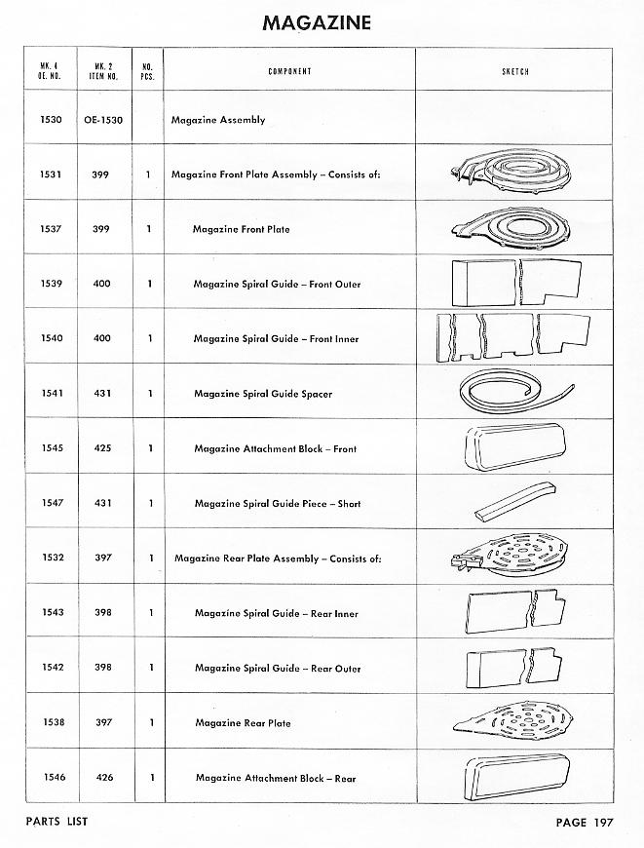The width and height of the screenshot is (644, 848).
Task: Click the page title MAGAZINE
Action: point(317,23)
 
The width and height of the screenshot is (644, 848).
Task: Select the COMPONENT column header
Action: point(289,72)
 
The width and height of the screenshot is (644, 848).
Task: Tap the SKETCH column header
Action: point(514,72)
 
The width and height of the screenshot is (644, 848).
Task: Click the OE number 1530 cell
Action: point(52,120)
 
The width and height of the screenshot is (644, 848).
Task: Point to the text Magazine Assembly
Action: point(218,120)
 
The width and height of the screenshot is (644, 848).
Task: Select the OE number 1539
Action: point(52,284)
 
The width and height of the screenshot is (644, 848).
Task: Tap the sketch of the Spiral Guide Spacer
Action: point(513,392)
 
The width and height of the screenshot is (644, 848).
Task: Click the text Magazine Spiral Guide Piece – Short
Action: point(278,504)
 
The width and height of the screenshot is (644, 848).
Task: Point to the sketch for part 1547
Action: point(512,502)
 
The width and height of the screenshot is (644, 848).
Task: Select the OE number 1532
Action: point(52,559)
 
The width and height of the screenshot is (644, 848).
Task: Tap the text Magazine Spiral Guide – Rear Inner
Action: point(277,614)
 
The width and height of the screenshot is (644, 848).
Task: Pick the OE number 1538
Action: point(52,723)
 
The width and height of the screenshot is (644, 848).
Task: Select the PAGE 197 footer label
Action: point(584,822)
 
